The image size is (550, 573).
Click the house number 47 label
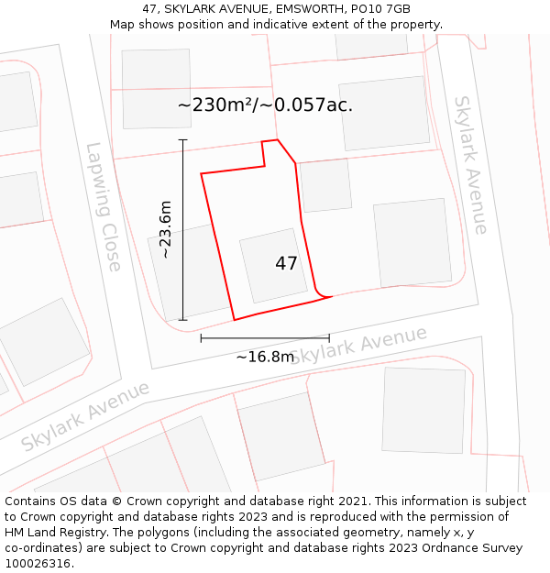286,264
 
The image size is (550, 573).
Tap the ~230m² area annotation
265,105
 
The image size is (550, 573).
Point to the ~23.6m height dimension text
166,229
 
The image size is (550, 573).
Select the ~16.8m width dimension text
265,357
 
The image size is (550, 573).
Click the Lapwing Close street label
104,206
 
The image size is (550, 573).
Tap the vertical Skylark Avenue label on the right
470,165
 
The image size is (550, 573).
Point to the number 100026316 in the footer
39,563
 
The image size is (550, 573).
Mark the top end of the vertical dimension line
182,140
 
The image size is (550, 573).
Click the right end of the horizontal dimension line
329,338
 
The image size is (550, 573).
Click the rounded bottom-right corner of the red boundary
321,293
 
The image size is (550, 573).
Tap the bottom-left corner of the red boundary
235,320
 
